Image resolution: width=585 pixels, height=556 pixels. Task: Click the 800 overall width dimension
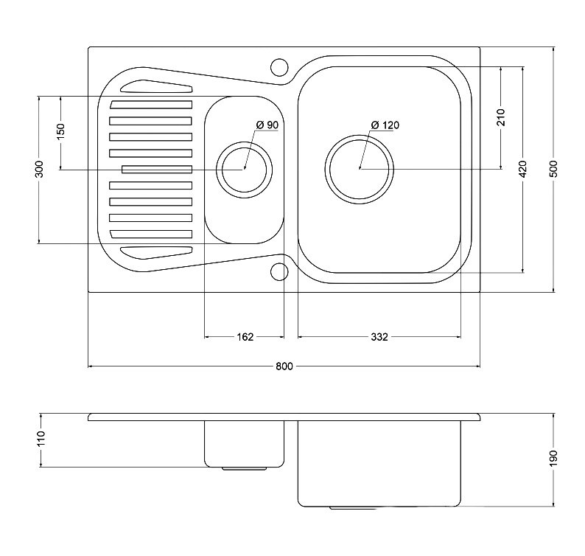(x=284, y=366)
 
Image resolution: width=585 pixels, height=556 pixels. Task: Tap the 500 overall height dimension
(x=553, y=169)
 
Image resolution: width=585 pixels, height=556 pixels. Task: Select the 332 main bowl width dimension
(x=379, y=337)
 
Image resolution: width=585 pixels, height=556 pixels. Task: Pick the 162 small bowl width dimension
(x=245, y=337)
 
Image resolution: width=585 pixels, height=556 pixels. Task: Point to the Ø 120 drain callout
(x=385, y=125)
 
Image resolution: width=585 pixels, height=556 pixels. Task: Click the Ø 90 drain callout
(x=267, y=125)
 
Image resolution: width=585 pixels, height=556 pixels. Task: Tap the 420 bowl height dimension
(x=522, y=169)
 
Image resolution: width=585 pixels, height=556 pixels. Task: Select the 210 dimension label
(x=501, y=117)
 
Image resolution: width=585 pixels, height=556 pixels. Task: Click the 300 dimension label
(x=40, y=169)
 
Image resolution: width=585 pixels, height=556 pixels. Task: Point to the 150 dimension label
(x=60, y=132)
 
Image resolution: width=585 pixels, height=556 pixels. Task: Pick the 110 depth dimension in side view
(x=41, y=438)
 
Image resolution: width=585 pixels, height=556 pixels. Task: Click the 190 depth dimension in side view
(x=553, y=458)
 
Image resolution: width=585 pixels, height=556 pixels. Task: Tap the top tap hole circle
(x=279, y=67)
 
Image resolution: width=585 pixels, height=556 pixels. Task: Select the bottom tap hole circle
(x=279, y=271)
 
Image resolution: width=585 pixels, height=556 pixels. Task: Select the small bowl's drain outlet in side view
(x=245, y=468)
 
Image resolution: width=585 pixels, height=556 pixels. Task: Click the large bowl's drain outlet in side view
(x=353, y=508)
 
